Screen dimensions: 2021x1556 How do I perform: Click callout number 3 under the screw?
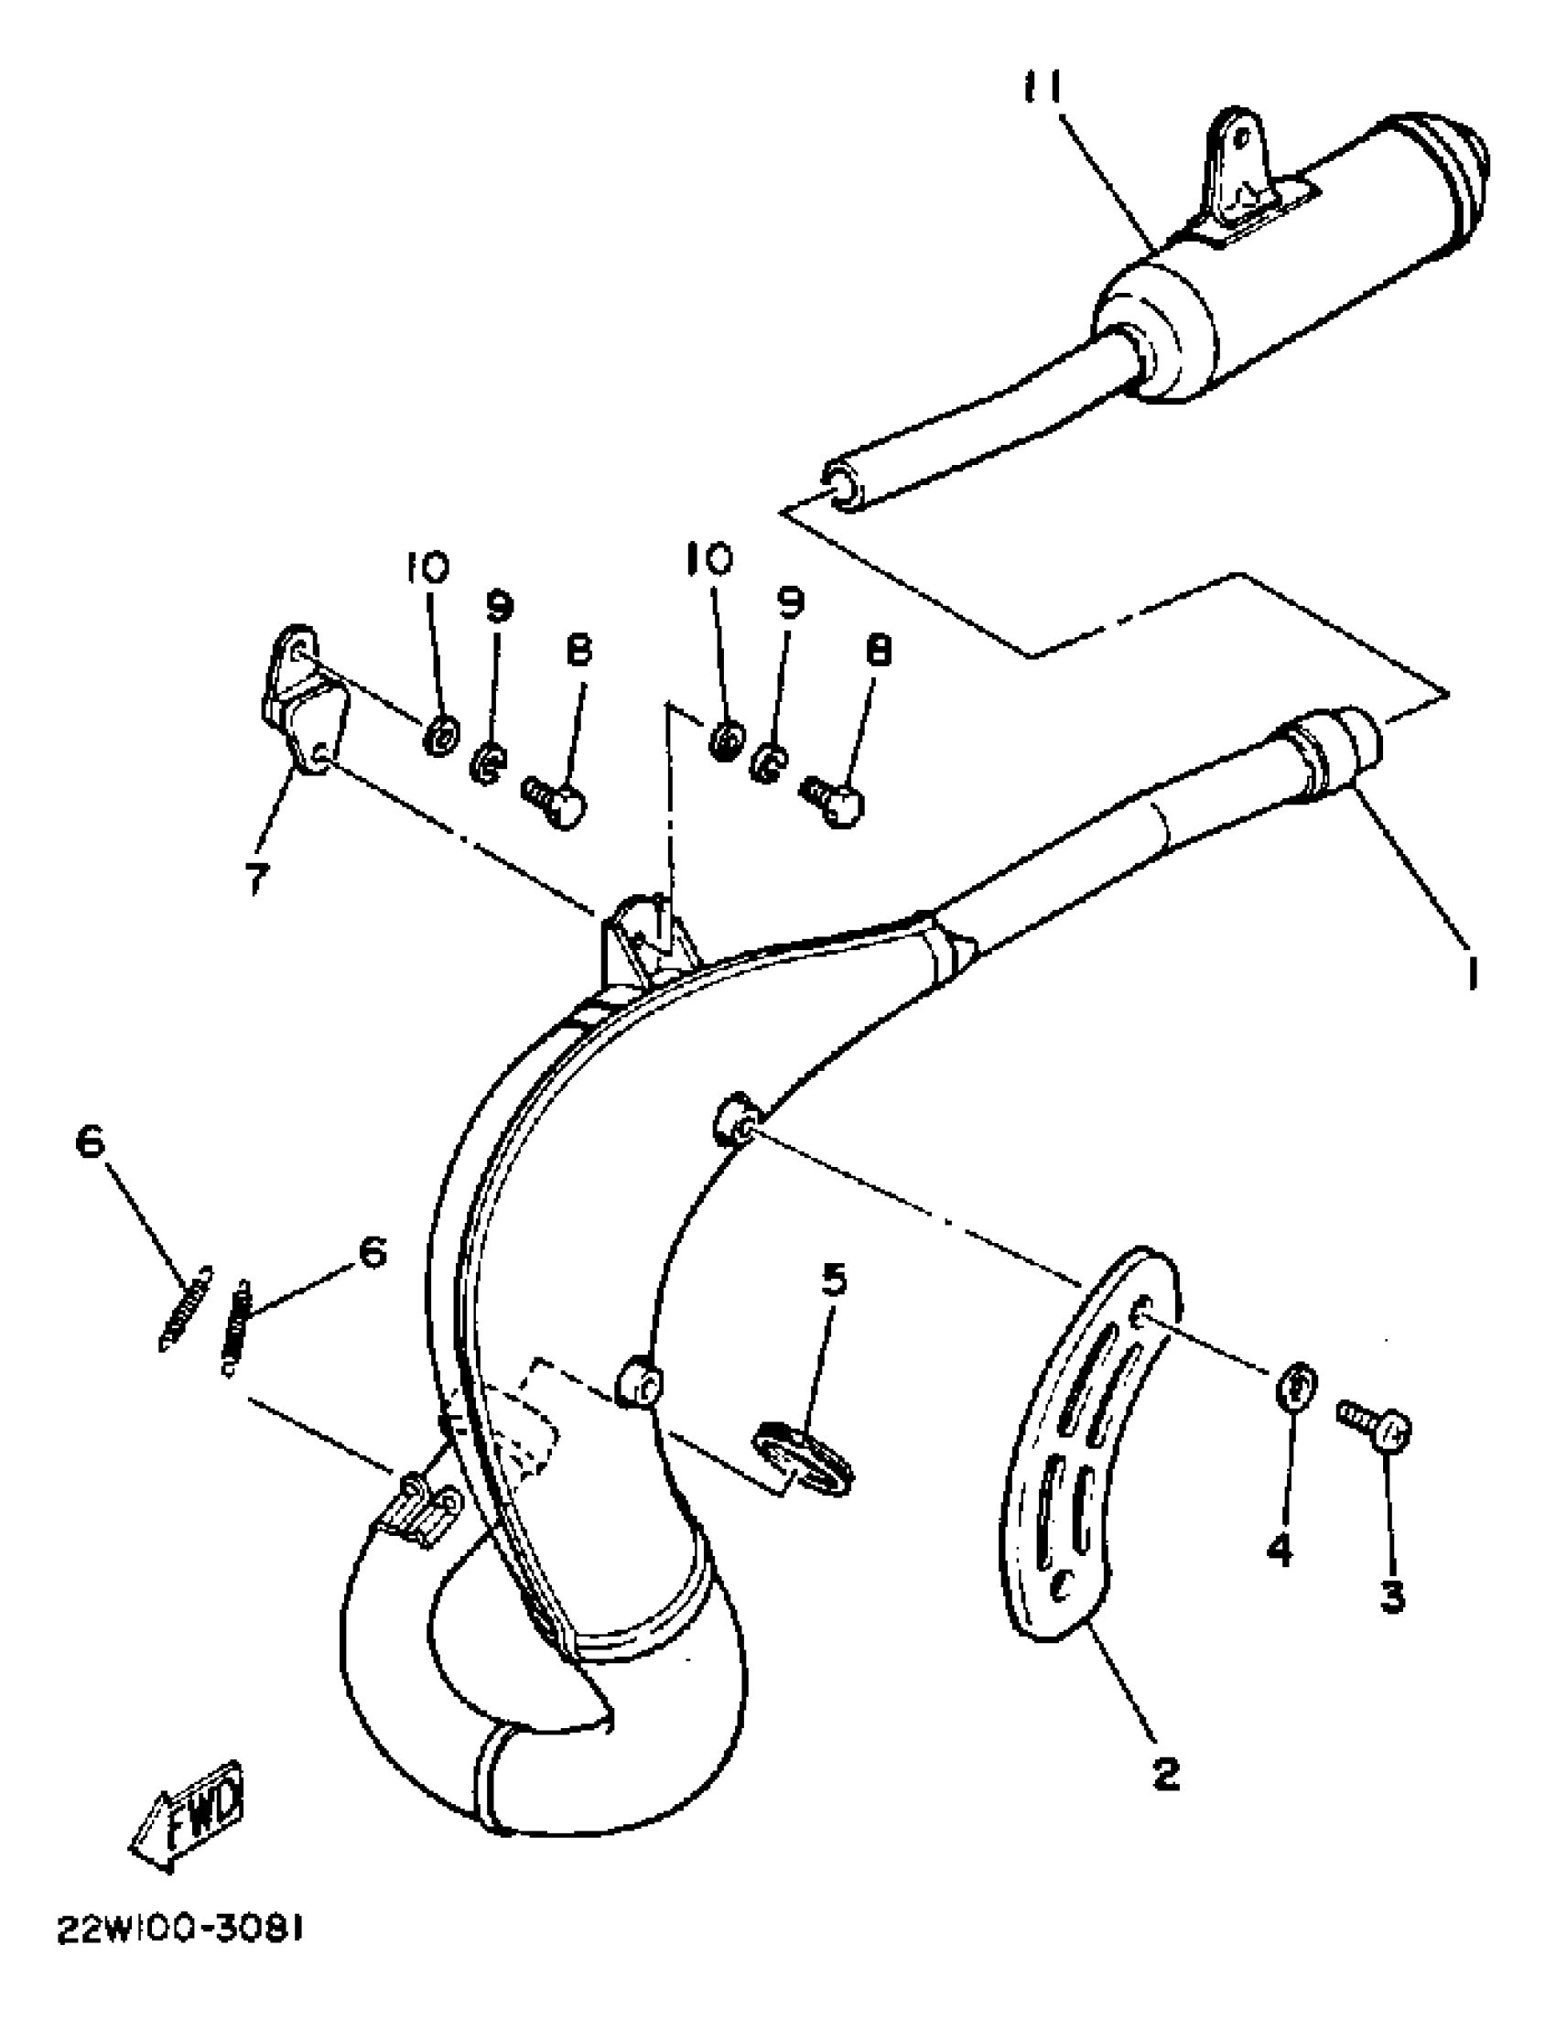pyautogui.click(x=1392, y=1594)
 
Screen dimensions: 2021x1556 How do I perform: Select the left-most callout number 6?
pyautogui.click(x=91, y=1143)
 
